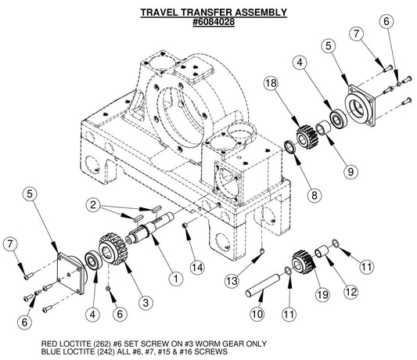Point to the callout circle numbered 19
pyautogui.click(x=300, y=295)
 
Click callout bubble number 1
pyautogui.click(x=176, y=276)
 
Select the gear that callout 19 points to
pyautogui.click(x=300, y=262)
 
